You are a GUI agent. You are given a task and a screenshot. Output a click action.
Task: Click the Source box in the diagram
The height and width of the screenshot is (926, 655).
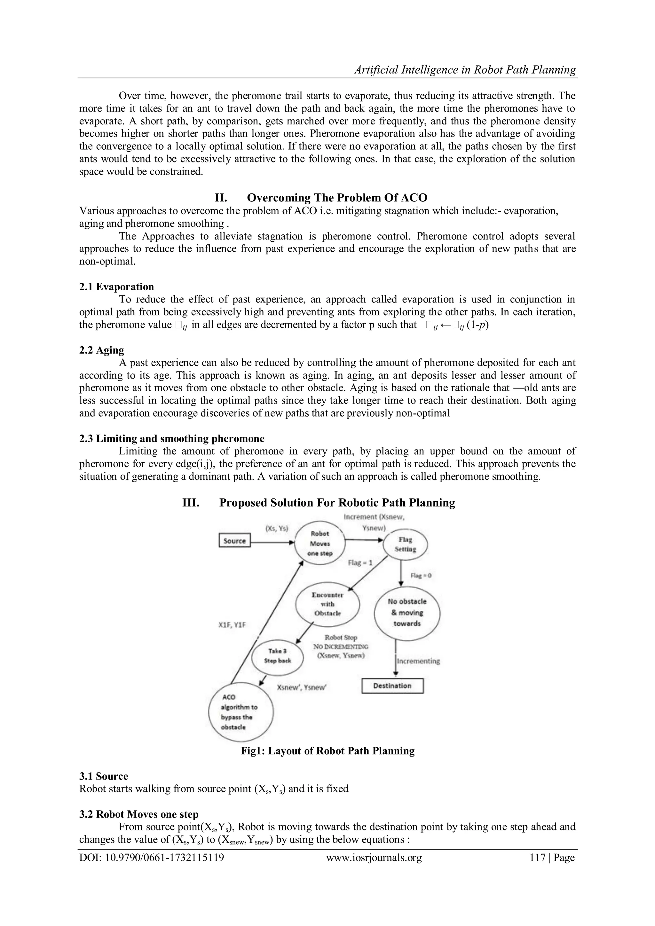[x=235, y=541]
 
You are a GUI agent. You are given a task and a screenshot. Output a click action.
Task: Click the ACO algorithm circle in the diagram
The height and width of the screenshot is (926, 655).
[x=241, y=712]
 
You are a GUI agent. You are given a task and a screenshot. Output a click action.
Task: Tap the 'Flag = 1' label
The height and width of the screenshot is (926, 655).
[x=360, y=563]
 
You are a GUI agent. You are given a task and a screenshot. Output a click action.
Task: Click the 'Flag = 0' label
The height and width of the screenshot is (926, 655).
[x=421, y=576]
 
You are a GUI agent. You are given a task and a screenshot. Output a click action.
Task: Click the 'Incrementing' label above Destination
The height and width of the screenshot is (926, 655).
[x=419, y=661]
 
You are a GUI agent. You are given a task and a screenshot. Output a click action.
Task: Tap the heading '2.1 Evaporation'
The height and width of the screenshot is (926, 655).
[x=116, y=287]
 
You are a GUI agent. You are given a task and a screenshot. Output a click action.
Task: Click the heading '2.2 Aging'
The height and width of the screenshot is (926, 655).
[x=102, y=350]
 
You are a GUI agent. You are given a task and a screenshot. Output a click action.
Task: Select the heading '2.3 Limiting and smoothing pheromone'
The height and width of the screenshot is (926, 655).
[x=172, y=438]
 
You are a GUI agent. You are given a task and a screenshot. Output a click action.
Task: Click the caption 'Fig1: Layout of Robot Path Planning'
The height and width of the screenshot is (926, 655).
[x=327, y=751]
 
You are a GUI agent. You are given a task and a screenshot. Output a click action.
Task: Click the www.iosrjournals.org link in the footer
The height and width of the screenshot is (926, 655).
[x=374, y=858]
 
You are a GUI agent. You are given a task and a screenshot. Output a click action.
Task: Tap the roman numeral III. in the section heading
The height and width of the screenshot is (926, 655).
[x=191, y=503]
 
